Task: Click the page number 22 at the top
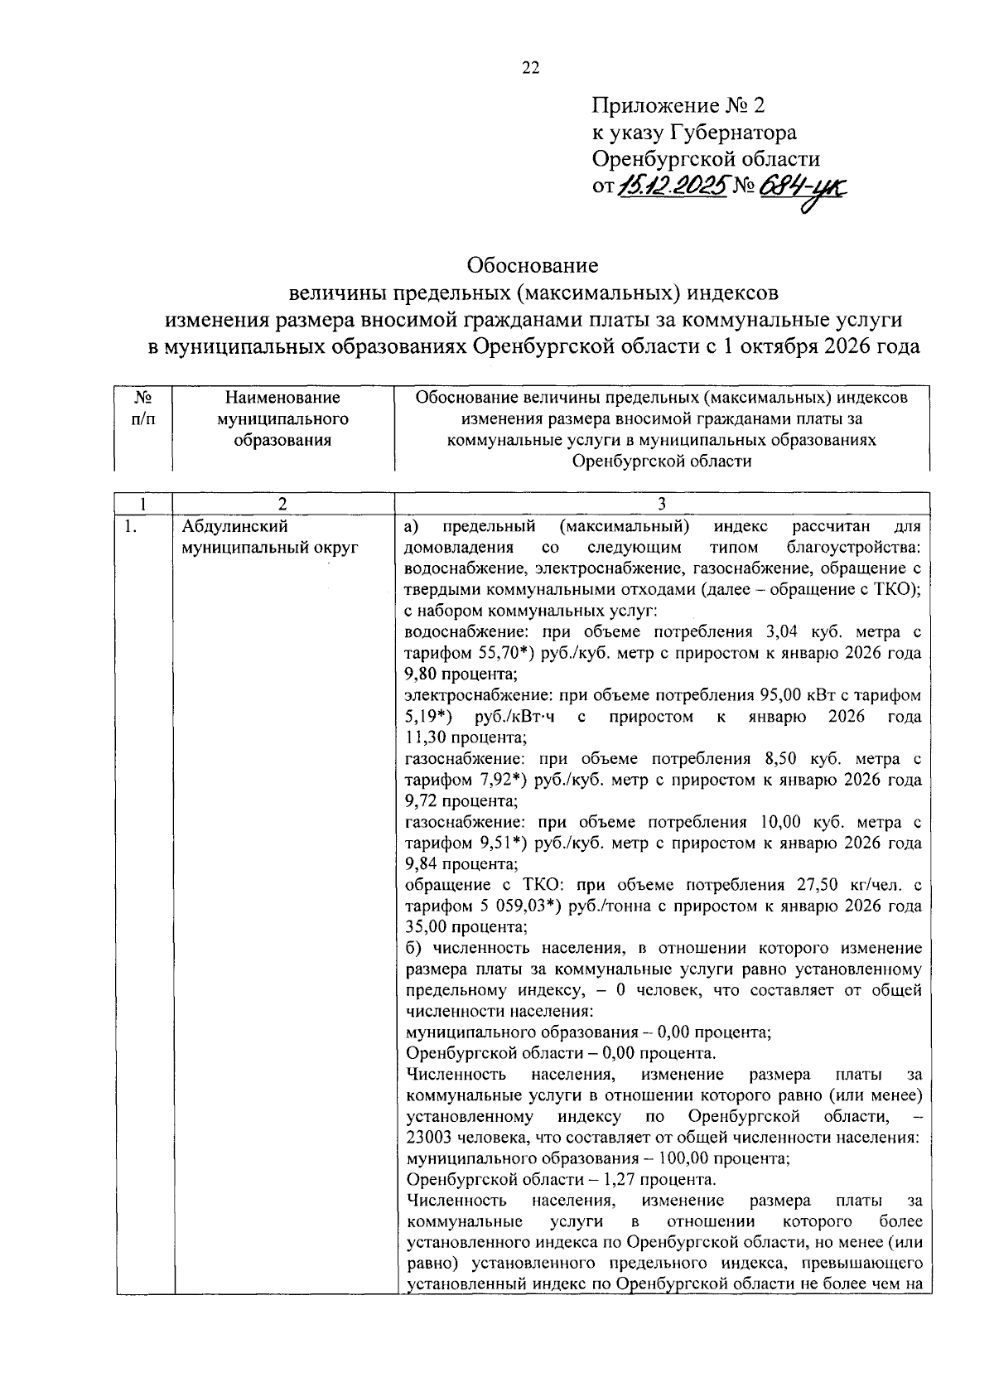click(530, 69)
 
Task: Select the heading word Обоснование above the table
click(532, 266)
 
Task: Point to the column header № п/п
click(142, 408)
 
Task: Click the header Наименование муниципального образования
click(282, 418)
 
